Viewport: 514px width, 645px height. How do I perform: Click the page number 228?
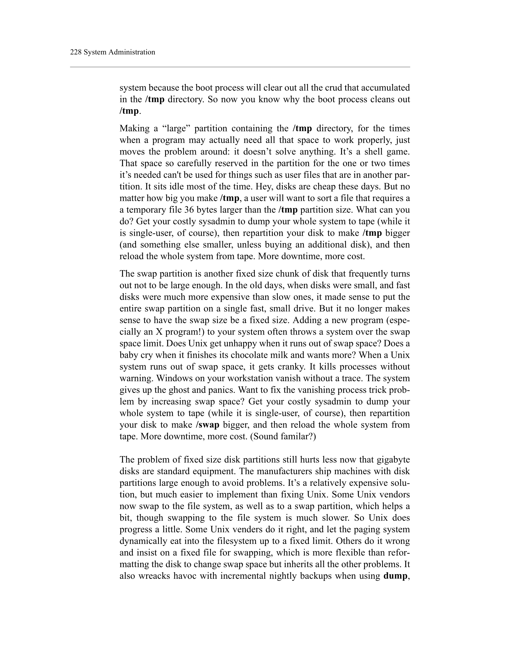click(76, 52)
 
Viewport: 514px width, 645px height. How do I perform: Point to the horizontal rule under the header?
click(240, 67)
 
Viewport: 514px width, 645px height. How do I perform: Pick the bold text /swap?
click(207, 425)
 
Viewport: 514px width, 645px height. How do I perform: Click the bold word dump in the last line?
click(395, 576)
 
